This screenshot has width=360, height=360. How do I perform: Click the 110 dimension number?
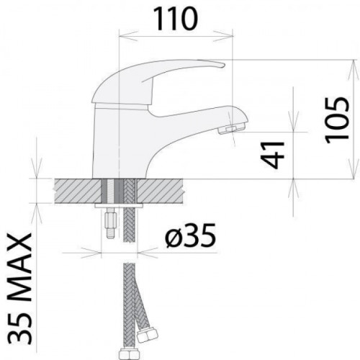pos(176,19)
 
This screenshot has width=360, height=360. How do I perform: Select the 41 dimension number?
pos(272,155)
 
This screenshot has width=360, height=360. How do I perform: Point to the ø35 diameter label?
pos(190,235)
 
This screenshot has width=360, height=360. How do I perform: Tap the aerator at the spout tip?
pos(231,129)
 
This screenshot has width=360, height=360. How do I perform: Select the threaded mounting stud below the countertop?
pos(111,223)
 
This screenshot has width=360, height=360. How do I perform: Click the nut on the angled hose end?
pos(148,335)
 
